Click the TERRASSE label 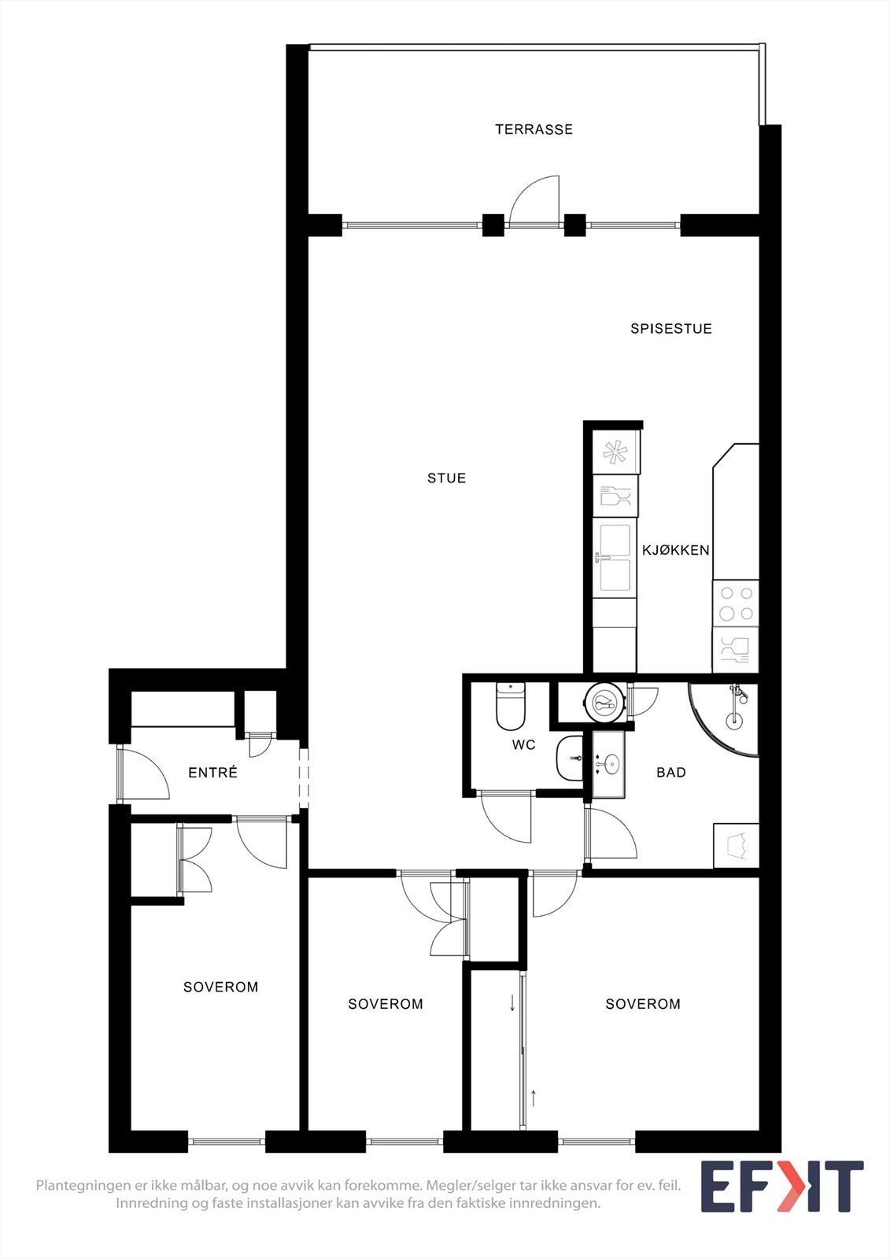click(x=534, y=129)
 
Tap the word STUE click(x=446, y=478)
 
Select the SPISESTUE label click(x=670, y=328)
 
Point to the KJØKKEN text click(x=676, y=550)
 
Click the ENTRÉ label click(x=212, y=772)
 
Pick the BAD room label click(x=670, y=772)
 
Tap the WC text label click(x=523, y=745)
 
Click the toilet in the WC click(x=510, y=706)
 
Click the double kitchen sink click(x=615, y=559)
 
